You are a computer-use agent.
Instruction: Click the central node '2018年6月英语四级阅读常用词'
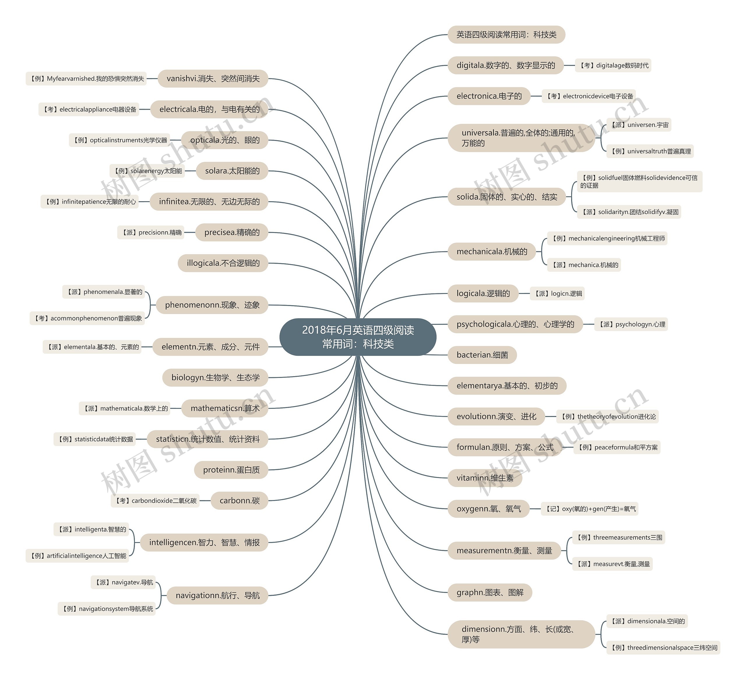coord(358,337)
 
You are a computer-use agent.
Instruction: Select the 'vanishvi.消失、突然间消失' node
coord(213,78)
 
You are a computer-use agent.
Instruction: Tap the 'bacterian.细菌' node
coord(482,355)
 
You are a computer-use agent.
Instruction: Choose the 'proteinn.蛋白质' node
coord(231,470)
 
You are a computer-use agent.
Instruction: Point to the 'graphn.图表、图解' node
coord(490,593)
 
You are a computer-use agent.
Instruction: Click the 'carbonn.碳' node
coord(240,501)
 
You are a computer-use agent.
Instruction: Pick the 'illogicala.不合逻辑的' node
coord(223,263)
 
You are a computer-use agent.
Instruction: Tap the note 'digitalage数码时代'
coord(613,66)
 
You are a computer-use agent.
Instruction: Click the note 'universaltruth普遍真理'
coord(650,151)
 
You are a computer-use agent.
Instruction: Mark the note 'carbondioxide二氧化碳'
coord(155,501)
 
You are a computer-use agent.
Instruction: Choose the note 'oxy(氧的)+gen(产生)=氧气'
coord(590,509)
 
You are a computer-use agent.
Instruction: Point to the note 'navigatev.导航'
coord(123,582)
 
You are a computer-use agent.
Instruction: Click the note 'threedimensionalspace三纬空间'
coord(664,647)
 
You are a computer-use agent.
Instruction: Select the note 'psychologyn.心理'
coord(631,324)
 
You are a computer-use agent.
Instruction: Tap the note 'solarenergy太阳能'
coord(147,171)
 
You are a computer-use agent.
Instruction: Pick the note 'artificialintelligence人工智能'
coord(77,556)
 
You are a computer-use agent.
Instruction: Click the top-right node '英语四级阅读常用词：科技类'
coord(506,34)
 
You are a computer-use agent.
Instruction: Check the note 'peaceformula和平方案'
coord(617,447)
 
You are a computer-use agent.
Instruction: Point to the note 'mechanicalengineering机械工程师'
coord(608,239)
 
